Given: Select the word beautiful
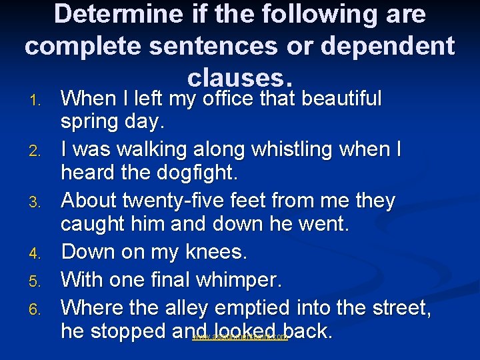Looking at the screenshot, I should pos(342,99).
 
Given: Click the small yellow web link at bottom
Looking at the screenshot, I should pos(240,338).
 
